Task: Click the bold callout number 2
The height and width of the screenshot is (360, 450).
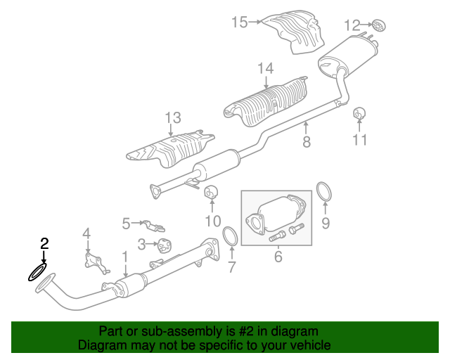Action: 44,243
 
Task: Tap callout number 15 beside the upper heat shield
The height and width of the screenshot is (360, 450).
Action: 240,22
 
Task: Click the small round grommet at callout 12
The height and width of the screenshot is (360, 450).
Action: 379,26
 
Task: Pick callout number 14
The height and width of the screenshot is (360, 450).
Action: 266,69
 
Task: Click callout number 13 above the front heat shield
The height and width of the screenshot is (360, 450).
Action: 173,117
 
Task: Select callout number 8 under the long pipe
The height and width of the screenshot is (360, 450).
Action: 307,142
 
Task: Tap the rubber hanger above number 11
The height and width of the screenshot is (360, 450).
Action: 359,113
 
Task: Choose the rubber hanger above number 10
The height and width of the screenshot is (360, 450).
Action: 211,193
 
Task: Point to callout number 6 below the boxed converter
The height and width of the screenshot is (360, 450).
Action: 278,257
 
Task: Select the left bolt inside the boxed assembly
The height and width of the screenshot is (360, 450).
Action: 277,237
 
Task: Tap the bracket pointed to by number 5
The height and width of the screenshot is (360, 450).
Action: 155,226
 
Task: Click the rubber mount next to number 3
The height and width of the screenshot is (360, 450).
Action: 165,245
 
